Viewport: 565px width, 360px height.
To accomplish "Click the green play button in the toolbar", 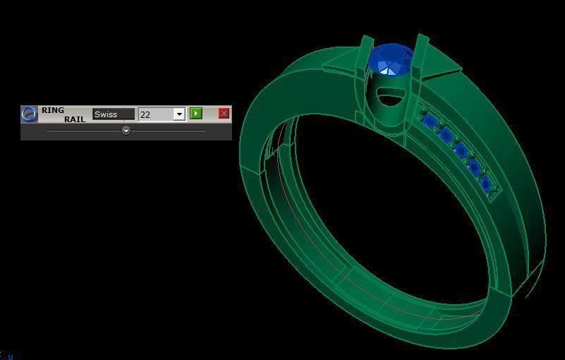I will coord(196,114).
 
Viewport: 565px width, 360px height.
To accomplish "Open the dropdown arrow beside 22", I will coord(179,114).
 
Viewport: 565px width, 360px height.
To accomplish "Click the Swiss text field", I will coord(113,114).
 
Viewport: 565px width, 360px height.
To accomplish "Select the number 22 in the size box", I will coord(154,114).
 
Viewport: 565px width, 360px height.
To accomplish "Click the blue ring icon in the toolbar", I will coord(29,114).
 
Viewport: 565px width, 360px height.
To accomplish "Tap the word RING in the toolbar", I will coord(53,110).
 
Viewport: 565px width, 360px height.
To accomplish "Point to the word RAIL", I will coord(74,119).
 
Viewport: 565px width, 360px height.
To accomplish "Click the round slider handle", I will coord(126,131).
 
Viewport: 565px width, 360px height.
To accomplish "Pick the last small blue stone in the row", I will coord(486,184).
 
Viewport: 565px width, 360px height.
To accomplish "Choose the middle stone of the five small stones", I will coord(461,150).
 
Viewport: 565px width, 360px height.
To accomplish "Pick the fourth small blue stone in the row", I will coord(474,167).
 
